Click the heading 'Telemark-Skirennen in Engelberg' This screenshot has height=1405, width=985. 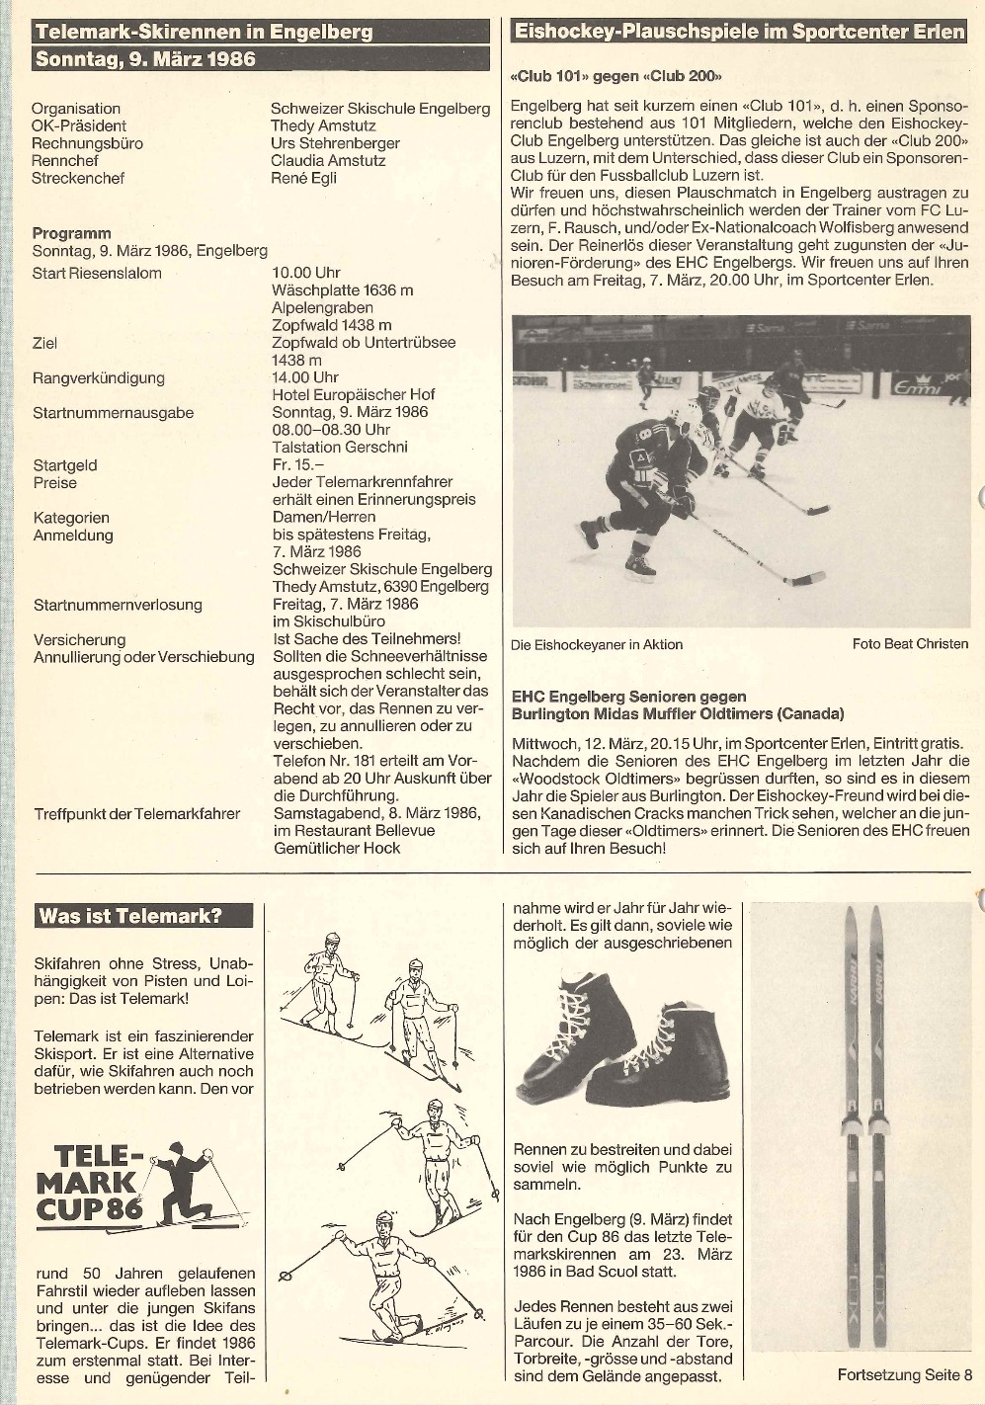tap(204, 32)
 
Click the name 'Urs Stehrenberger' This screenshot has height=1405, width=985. tap(335, 143)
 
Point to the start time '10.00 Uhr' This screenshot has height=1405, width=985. tap(305, 273)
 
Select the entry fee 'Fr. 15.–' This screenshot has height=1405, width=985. tap(297, 465)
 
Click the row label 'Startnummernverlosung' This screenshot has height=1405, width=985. tap(118, 605)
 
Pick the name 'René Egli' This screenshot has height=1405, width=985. tap(303, 179)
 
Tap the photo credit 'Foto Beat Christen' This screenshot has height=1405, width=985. tap(910, 644)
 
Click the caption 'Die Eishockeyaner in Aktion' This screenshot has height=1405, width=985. tap(597, 645)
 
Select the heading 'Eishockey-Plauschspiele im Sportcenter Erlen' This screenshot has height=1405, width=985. tap(739, 32)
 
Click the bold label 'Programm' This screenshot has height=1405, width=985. tap(71, 234)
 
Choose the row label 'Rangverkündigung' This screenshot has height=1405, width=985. tap(99, 377)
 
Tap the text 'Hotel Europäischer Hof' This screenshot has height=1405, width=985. tap(353, 395)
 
